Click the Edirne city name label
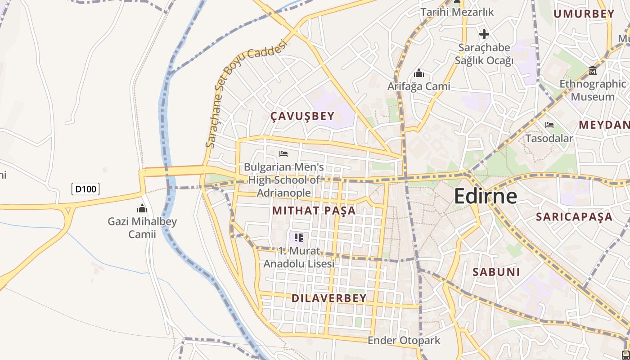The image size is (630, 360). click(485, 196)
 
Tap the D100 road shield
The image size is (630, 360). click(85, 189)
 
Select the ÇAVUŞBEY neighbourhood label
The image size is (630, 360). click(302, 116)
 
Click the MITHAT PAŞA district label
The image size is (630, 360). click(314, 210)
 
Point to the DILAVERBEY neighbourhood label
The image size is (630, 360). click(329, 298)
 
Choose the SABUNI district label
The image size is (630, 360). click(496, 272)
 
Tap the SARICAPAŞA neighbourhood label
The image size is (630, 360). click(574, 217)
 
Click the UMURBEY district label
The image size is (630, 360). click(584, 14)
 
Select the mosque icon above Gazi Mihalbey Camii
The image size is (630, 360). click(142, 208)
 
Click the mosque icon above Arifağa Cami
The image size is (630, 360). click(419, 73)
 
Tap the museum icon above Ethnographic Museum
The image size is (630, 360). click(593, 71)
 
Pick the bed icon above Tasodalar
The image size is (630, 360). click(549, 125)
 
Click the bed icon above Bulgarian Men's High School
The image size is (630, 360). click(283, 154)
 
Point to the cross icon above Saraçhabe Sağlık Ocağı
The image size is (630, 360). click(484, 34)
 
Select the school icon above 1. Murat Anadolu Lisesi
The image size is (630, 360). click(299, 237)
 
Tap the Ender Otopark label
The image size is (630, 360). click(404, 340)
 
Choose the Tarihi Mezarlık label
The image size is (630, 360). click(457, 12)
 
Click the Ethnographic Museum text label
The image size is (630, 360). click(592, 90)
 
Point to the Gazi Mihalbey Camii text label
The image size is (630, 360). click(142, 228)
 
